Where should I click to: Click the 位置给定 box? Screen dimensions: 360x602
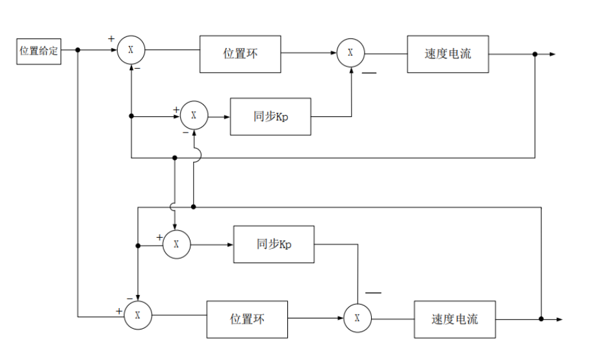[x=38, y=51]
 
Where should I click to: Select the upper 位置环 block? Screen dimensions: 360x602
[x=240, y=54]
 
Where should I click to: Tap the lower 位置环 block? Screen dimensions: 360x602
[x=247, y=319]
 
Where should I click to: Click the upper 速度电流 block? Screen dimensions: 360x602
[x=447, y=54]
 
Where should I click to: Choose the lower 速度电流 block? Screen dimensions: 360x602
[x=454, y=319]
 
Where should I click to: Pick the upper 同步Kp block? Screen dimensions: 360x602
[x=270, y=116]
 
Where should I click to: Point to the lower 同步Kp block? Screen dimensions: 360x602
[x=274, y=244]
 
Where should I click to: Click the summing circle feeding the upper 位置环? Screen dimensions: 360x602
[x=131, y=50]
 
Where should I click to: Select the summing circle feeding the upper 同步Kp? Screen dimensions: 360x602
[x=193, y=115]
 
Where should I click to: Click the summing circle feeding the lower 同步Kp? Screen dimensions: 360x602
[x=176, y=245]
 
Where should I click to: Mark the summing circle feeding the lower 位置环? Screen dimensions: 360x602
[x=137, y=315]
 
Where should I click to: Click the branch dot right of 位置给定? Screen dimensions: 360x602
[x=78, y=50]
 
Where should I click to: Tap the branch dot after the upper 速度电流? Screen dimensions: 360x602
[x=535, y=54]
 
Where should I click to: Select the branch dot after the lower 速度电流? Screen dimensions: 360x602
[x=541, y=319]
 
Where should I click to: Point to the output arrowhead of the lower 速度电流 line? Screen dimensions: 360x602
[x=559, y=319]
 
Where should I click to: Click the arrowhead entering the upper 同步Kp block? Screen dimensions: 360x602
[x=227, y=117]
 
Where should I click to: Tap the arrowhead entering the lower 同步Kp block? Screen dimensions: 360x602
[x=230, y=245]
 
